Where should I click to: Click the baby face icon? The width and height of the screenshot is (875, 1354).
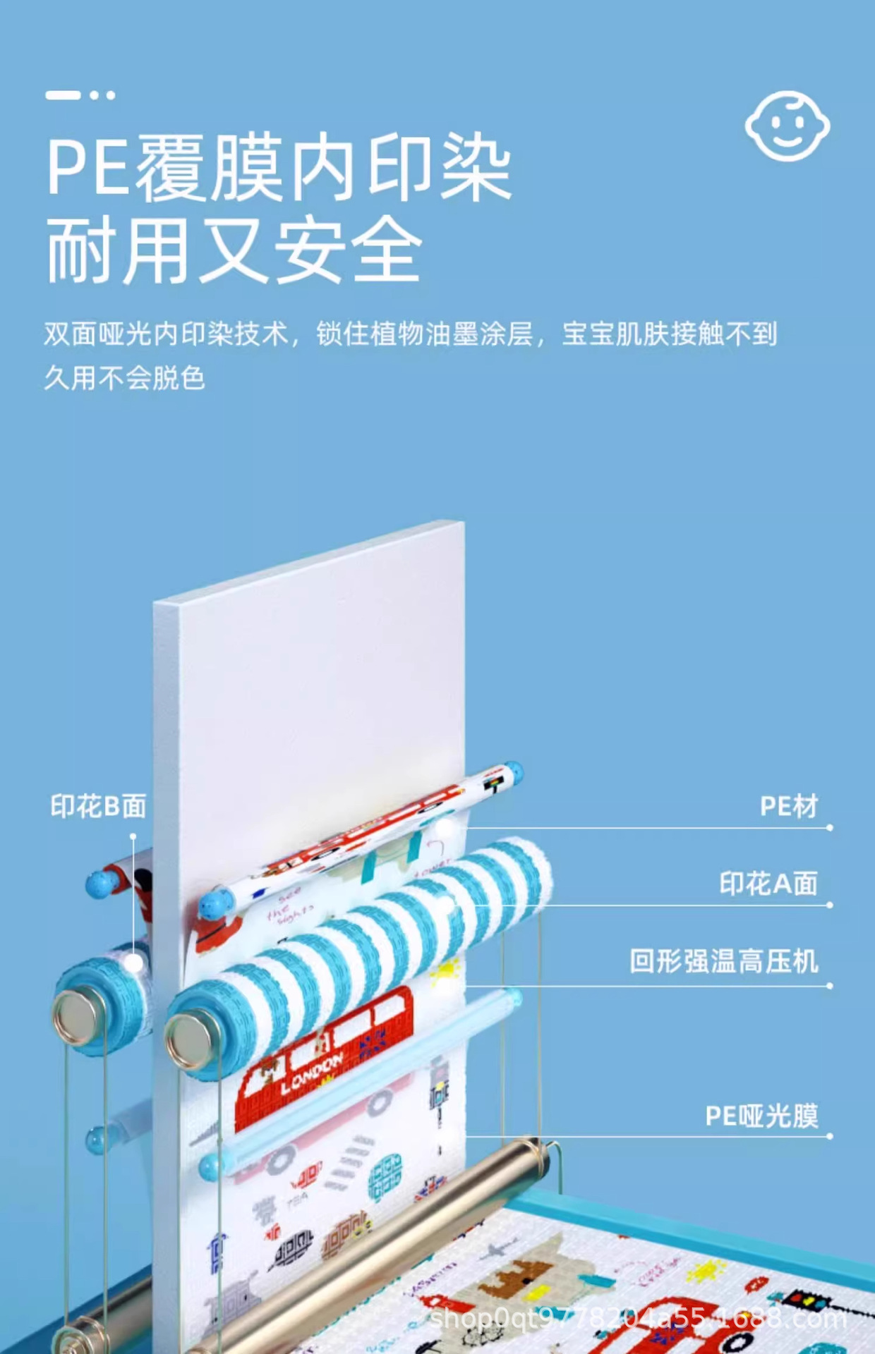[x=787, y=126]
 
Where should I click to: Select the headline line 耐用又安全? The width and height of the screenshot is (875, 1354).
[x=234, y=250]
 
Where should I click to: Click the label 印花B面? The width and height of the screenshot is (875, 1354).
[x=98, y=806]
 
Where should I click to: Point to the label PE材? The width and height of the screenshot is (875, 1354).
[x=789, y=806]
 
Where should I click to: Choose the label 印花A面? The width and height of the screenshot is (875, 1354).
[x=768, y=884]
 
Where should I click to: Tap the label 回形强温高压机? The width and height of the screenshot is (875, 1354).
[x=724, y=961]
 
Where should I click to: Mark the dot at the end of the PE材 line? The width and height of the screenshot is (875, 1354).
[x=830, y=828]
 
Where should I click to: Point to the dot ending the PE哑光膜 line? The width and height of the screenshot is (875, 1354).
[x=830, y=1136]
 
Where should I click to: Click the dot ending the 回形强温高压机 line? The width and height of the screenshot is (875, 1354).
[x=830, y=986]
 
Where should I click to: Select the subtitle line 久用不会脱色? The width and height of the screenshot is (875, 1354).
[x=125, y=378]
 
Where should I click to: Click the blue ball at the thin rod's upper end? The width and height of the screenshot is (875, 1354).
[x=514, y=771]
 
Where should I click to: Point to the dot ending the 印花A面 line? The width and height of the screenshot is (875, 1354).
[x=830, y=905]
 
